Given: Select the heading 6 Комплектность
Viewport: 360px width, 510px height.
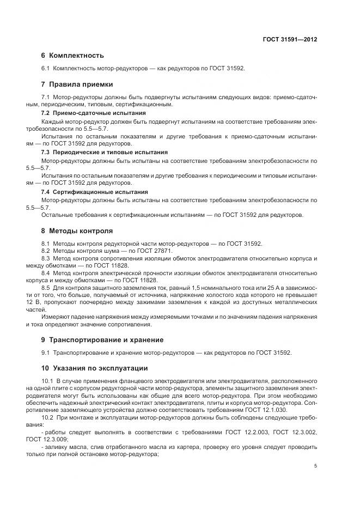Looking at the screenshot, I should click(x=72, y=56).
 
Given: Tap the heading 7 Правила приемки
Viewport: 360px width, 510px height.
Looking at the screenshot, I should click(x=77, y=84).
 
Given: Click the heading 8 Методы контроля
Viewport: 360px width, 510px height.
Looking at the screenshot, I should click(x=77, y=230).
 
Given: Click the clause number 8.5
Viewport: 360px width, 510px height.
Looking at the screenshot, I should click(x=47, y=286).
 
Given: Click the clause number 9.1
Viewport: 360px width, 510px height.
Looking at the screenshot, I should click(x=46, y=353).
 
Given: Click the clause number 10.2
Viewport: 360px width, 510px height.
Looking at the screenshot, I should click(x=48, y=417).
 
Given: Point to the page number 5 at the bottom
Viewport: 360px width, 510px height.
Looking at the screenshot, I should click(x=315, y=466).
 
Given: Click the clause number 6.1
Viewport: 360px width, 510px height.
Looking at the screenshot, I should click(x=46, y=69).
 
